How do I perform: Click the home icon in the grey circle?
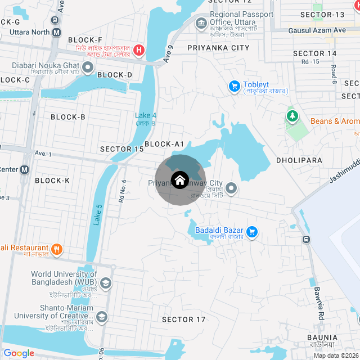point(179,181)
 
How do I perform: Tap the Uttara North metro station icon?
point(56,33)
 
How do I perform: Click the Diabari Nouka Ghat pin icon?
point(88,69)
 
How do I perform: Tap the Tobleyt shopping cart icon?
point(234,86)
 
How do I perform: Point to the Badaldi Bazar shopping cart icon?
point(252,231)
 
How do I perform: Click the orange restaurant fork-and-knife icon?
point(56,249)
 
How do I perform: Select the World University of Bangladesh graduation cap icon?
point(105,282)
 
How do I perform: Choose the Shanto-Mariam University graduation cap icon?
point(101,316)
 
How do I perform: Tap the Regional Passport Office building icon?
point(201,23)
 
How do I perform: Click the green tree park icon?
point(292,116)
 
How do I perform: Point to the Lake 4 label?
point(146,116)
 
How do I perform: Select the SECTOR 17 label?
point(184,319)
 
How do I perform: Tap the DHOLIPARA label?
point(299,160)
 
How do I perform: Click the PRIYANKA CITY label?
point(218,48)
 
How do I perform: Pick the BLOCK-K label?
point(52,181)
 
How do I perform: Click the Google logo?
point(19,353)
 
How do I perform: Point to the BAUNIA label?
point(322,337)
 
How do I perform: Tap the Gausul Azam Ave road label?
point(317,30)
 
